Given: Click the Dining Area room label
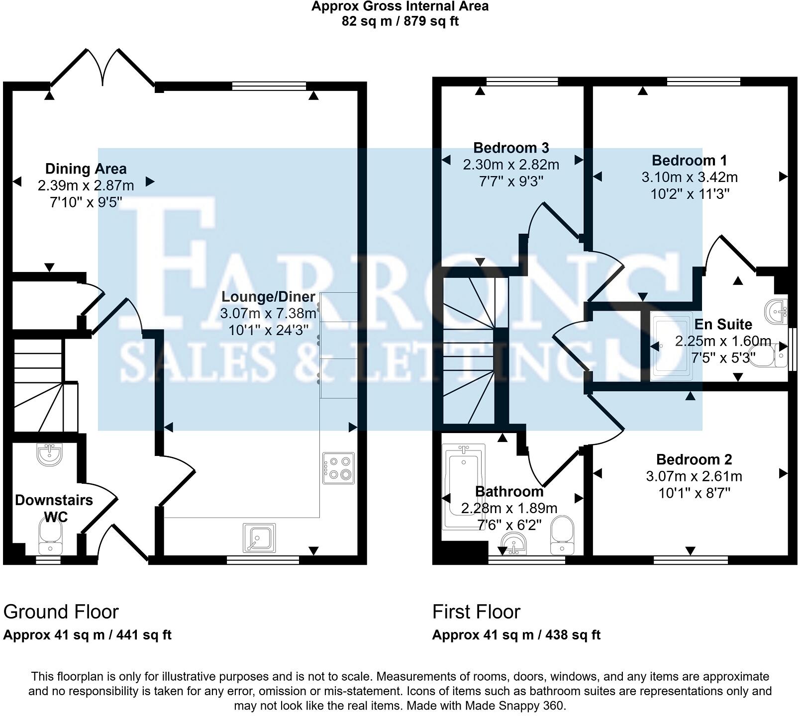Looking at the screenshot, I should (86, 169).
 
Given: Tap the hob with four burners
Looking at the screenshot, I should (339, 468).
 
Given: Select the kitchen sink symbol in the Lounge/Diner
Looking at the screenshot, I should (259, 537).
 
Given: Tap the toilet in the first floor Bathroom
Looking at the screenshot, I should (562, 535).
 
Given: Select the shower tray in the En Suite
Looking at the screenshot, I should (671, 347).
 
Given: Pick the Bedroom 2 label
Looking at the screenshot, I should (694, 459).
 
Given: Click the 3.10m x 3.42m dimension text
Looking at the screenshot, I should (690, 177).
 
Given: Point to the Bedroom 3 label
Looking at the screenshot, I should (511, 148).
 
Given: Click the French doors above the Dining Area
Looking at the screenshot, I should (103, 70).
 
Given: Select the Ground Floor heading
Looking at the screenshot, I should (61, 612).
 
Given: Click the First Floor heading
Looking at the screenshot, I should (476, 612).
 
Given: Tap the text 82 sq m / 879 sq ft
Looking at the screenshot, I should (400, 21).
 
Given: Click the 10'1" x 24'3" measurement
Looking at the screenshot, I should (269, 330).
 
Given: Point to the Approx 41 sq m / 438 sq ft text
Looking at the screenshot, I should (516, 635).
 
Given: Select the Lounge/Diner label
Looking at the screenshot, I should (268, 297).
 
